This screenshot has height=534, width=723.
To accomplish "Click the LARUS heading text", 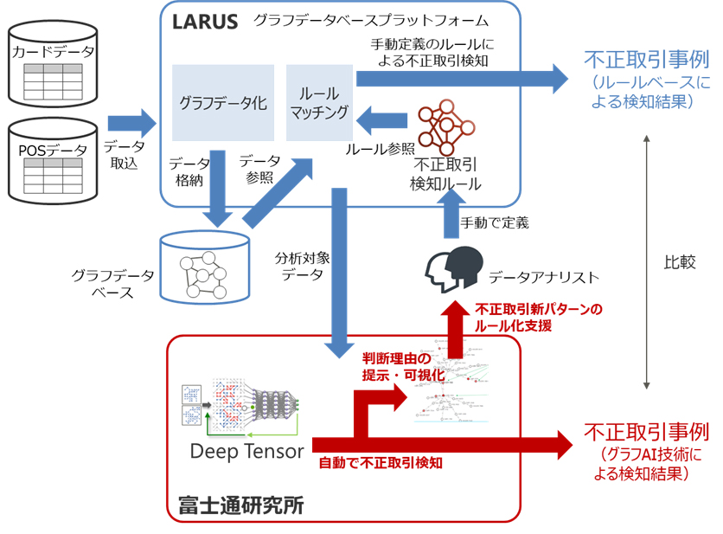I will click(206, 22).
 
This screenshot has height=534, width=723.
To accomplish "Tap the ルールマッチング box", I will click(319, 103).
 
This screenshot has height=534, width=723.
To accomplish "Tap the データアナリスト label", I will click(543, 277).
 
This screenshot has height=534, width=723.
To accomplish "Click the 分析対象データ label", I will click(301, 266).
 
